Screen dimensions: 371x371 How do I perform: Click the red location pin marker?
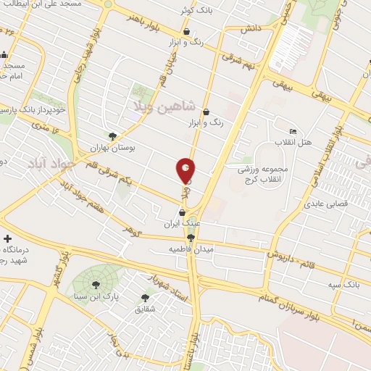[186, 170]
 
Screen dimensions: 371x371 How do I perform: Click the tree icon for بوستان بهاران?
[112, 136]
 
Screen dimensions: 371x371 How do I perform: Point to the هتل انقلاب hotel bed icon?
[293, 131]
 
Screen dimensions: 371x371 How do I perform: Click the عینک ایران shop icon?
[182, 212]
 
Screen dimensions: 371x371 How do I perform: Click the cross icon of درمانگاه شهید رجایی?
[8, 238]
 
